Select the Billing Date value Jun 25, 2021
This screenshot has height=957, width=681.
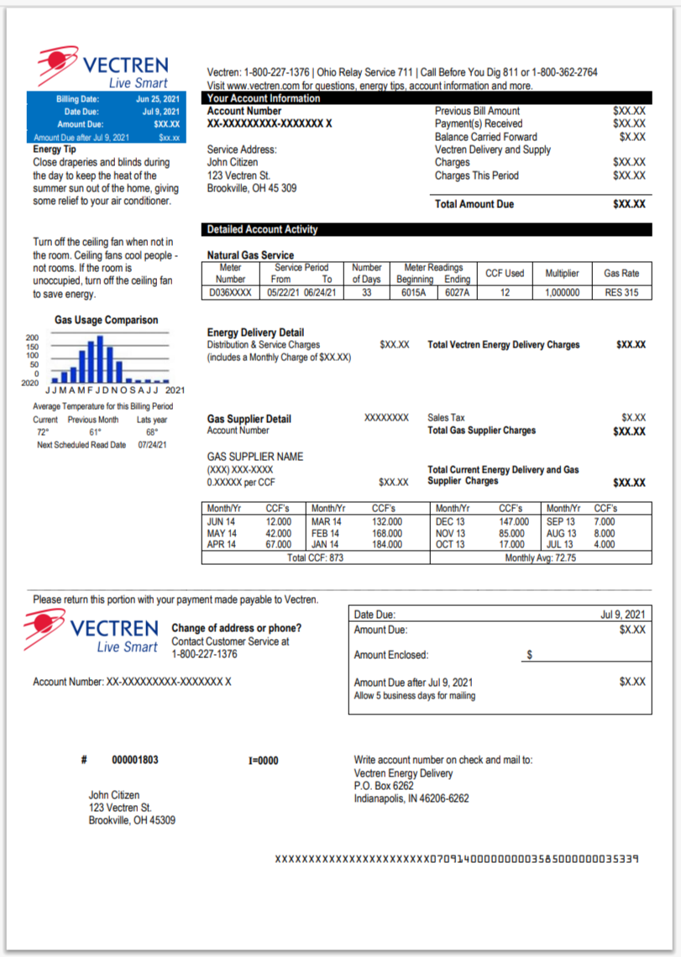[158, 99]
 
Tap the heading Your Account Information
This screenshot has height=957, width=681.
[264, 98]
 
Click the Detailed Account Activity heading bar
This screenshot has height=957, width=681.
[263, 229]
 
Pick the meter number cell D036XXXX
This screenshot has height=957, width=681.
[230, 293]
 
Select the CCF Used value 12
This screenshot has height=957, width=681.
[505, 293]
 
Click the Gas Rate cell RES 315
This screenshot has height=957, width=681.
[621, 293]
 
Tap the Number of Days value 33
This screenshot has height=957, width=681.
[366, 293]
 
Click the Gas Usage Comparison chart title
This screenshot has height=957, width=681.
[106, 320]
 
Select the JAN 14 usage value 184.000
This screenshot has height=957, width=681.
[387, 544]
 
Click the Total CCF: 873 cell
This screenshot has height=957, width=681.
[316, 557]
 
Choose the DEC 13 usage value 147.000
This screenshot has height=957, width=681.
[514, 521]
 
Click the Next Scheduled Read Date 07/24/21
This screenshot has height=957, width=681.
[152, 445]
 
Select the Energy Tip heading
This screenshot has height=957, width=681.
[55, 149]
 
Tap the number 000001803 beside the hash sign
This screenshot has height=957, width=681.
[135, 760]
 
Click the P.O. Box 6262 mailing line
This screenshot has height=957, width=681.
[384, 786]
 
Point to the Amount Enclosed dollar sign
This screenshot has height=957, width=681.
[529, 654]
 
